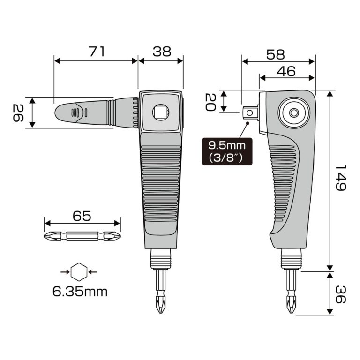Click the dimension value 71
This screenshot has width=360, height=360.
(x=97, y=52)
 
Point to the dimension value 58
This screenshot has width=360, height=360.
(x=275, y=55)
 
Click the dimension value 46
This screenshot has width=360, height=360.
(x=285, y=71)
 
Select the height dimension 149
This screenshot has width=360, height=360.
(x=341, y=177)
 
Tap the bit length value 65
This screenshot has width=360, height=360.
(x=82, y=217)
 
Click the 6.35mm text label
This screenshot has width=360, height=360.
(x=80, y=292)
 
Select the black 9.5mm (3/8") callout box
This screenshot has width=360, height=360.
(x=227, y=151)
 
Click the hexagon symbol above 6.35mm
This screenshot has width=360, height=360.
(x=79, y=271)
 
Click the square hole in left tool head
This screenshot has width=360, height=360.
(x=160, y=112)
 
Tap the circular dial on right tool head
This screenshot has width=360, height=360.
(x=293, y=112)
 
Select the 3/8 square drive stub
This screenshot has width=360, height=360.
(x=250, y=112)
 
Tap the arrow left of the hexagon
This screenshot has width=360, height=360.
(x=65, y=271)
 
